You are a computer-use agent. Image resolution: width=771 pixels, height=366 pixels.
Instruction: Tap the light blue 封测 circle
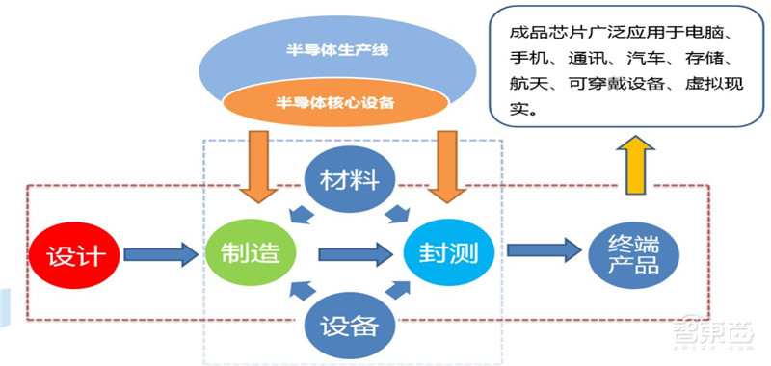point(448,253)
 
